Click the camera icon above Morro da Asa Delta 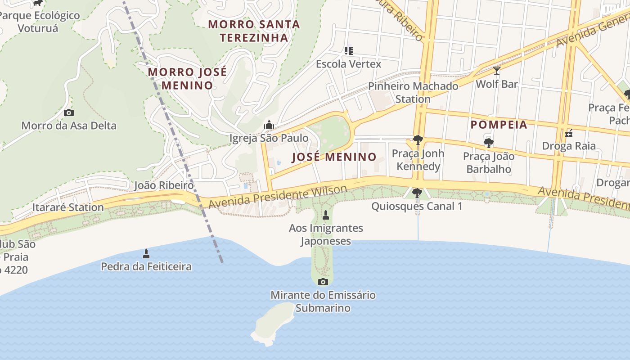pyautogui.click(x=69, y=113)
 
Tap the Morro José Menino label pyautogui.click(x=187, y=79)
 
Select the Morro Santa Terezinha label pyautogui.click(x=254, y=31)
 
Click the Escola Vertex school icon pyautogui.click(x=349, y=51)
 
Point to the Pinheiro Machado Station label pyautogui.click(x=413, y=92)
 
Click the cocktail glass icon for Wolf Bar pyautogui.click(x=497, y=71)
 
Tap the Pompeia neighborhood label pyautogui.click(x=499, y=125)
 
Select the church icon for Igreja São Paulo pyautogui.click(x=269, y=125)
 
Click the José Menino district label pyautogui.click(x=334, y=157)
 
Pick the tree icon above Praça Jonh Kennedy pyautogui.click(x=418, y=140)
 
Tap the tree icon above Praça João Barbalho pyautogui.click(x=488, y=144)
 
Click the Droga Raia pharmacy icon pyautogui.click(x=569, y=133)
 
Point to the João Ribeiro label pyautogui.click(x=164, y=185)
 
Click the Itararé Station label pyautogui.click(x=68, y=207)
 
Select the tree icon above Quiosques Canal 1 pyautogui.click(x=417, y=193)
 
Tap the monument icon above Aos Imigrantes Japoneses pyautogui.click(x=326, y=215)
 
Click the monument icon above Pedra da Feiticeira pyautogui.click(x=146, y=254)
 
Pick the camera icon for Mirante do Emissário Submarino pyautogui.click(x=323, y=282)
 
